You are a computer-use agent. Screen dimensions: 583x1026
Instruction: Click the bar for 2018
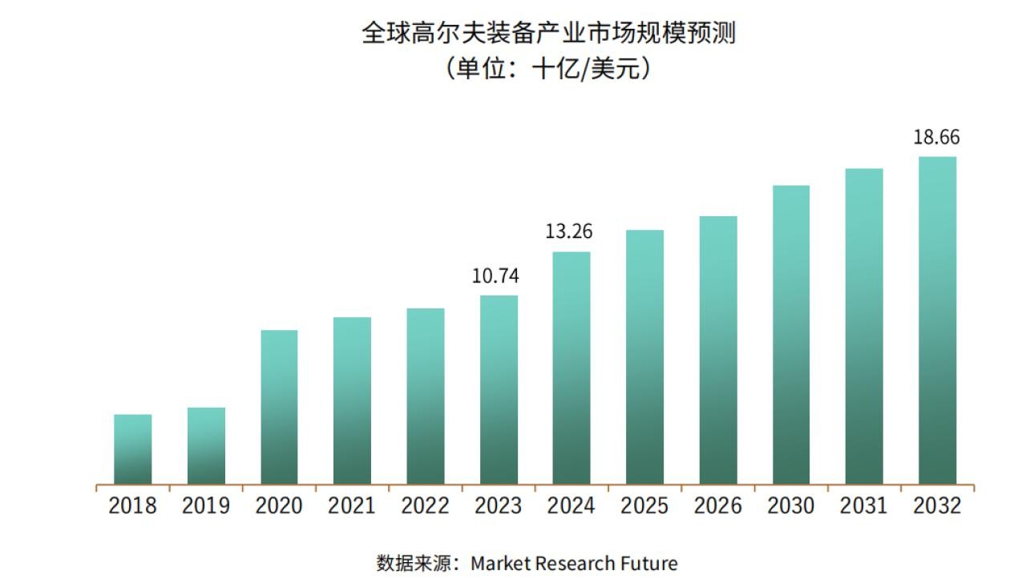[132, 449]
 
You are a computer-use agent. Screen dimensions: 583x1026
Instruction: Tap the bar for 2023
[499, 390]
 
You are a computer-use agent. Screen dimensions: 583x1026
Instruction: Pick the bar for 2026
[718, 350]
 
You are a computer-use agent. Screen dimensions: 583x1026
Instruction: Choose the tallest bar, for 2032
[937, 320]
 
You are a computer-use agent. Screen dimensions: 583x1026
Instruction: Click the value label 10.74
[495, 276]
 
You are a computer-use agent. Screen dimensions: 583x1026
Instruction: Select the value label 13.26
[568, 232]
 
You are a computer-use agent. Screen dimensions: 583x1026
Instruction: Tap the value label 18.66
[936, 137]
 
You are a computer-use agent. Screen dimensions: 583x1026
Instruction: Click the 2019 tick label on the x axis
[205, 506]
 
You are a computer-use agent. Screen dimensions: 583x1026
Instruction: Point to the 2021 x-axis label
[352, 506]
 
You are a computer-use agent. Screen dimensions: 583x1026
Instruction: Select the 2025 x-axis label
[644, 506]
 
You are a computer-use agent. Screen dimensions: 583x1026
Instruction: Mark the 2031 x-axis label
[863, 506]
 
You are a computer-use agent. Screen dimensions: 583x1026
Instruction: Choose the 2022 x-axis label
[425, 506]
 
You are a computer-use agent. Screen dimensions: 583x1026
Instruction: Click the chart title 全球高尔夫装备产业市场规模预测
[548, 34]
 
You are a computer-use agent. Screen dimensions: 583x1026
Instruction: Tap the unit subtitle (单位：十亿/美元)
[548, 69]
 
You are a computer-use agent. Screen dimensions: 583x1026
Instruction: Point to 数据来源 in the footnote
[411, 563]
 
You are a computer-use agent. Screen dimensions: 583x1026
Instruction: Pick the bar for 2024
[572, 368]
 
